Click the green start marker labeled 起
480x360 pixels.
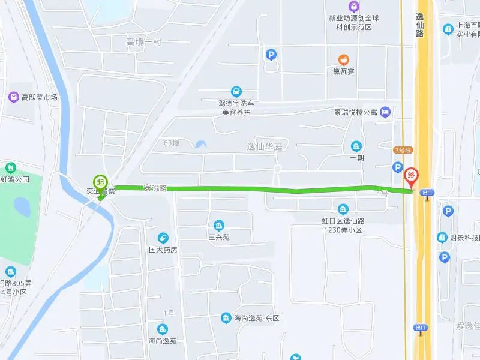coord(100,181)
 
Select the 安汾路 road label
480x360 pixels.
coord(155,188)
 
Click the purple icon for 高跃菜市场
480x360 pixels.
coord(13,97)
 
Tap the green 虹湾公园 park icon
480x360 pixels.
coord(10,167)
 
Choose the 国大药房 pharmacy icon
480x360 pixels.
coord(163,238)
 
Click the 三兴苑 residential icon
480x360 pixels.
coord(219,226)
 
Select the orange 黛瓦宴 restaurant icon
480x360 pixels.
coord(344,59)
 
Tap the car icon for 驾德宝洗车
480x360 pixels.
coord(236,91)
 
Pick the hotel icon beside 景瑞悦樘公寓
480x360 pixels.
coord(385,112)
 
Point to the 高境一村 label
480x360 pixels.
coord(143,42)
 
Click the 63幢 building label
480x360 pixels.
coord(172,143)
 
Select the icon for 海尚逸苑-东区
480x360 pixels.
coord(226,317)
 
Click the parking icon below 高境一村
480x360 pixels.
coord(271,55)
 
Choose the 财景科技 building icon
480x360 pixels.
coord(442,238)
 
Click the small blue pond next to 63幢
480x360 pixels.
coord(199,144)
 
